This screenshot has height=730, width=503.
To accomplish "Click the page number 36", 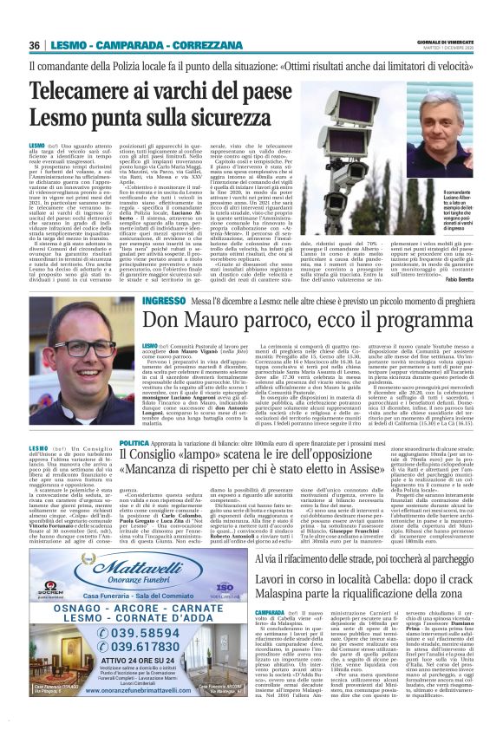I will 35,45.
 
